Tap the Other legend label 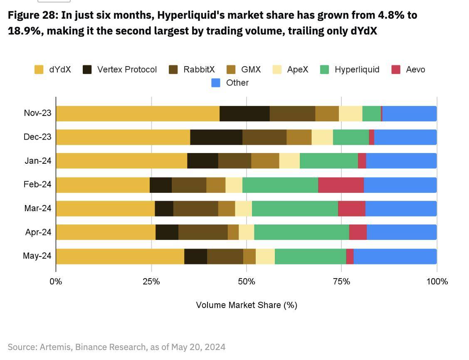pyautogui.click(x=237, y=83)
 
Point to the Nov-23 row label pyautogui.click(x=37, y=113)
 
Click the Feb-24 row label pyautogui.click(x=37, y=185)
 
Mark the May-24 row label pyautogui.click(x=37, y=256)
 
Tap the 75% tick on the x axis pyautogui.click(x=341, y=281)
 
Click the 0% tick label pyautogui.click(x=56, y=281)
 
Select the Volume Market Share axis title pyautogui.click(x=246, y=305)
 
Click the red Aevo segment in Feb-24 pyautogui.click(x=341, y=185)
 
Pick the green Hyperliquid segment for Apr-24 pyautogui.click(x=301, y=232)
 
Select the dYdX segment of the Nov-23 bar pyautogui.click(x=138, y=113)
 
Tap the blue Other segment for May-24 pyautogui.click(x=395, y=256)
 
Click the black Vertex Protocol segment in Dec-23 pyautogui.click(x=216, y=137)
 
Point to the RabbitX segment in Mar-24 pyautogui.click(x=196, y=209)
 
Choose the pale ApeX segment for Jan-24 pyautogui.click(x=289, y=161)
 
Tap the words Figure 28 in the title pyautogui.click(x=33, y=15)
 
